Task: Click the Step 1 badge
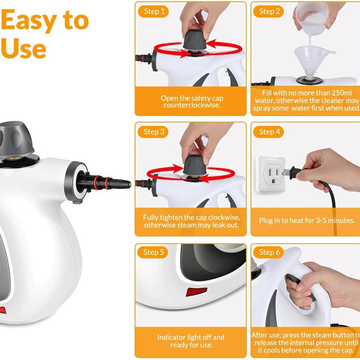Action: click(153, 12)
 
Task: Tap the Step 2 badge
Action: click(269, 12)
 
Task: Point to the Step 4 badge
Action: click(269, 132)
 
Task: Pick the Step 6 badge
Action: click(269, 252)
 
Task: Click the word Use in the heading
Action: click(23, 48)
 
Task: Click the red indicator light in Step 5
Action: click(196, 292)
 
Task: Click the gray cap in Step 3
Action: click(195, 165)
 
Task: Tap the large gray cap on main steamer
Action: click(16, 140)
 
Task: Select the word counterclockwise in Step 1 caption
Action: click(192, 105)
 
